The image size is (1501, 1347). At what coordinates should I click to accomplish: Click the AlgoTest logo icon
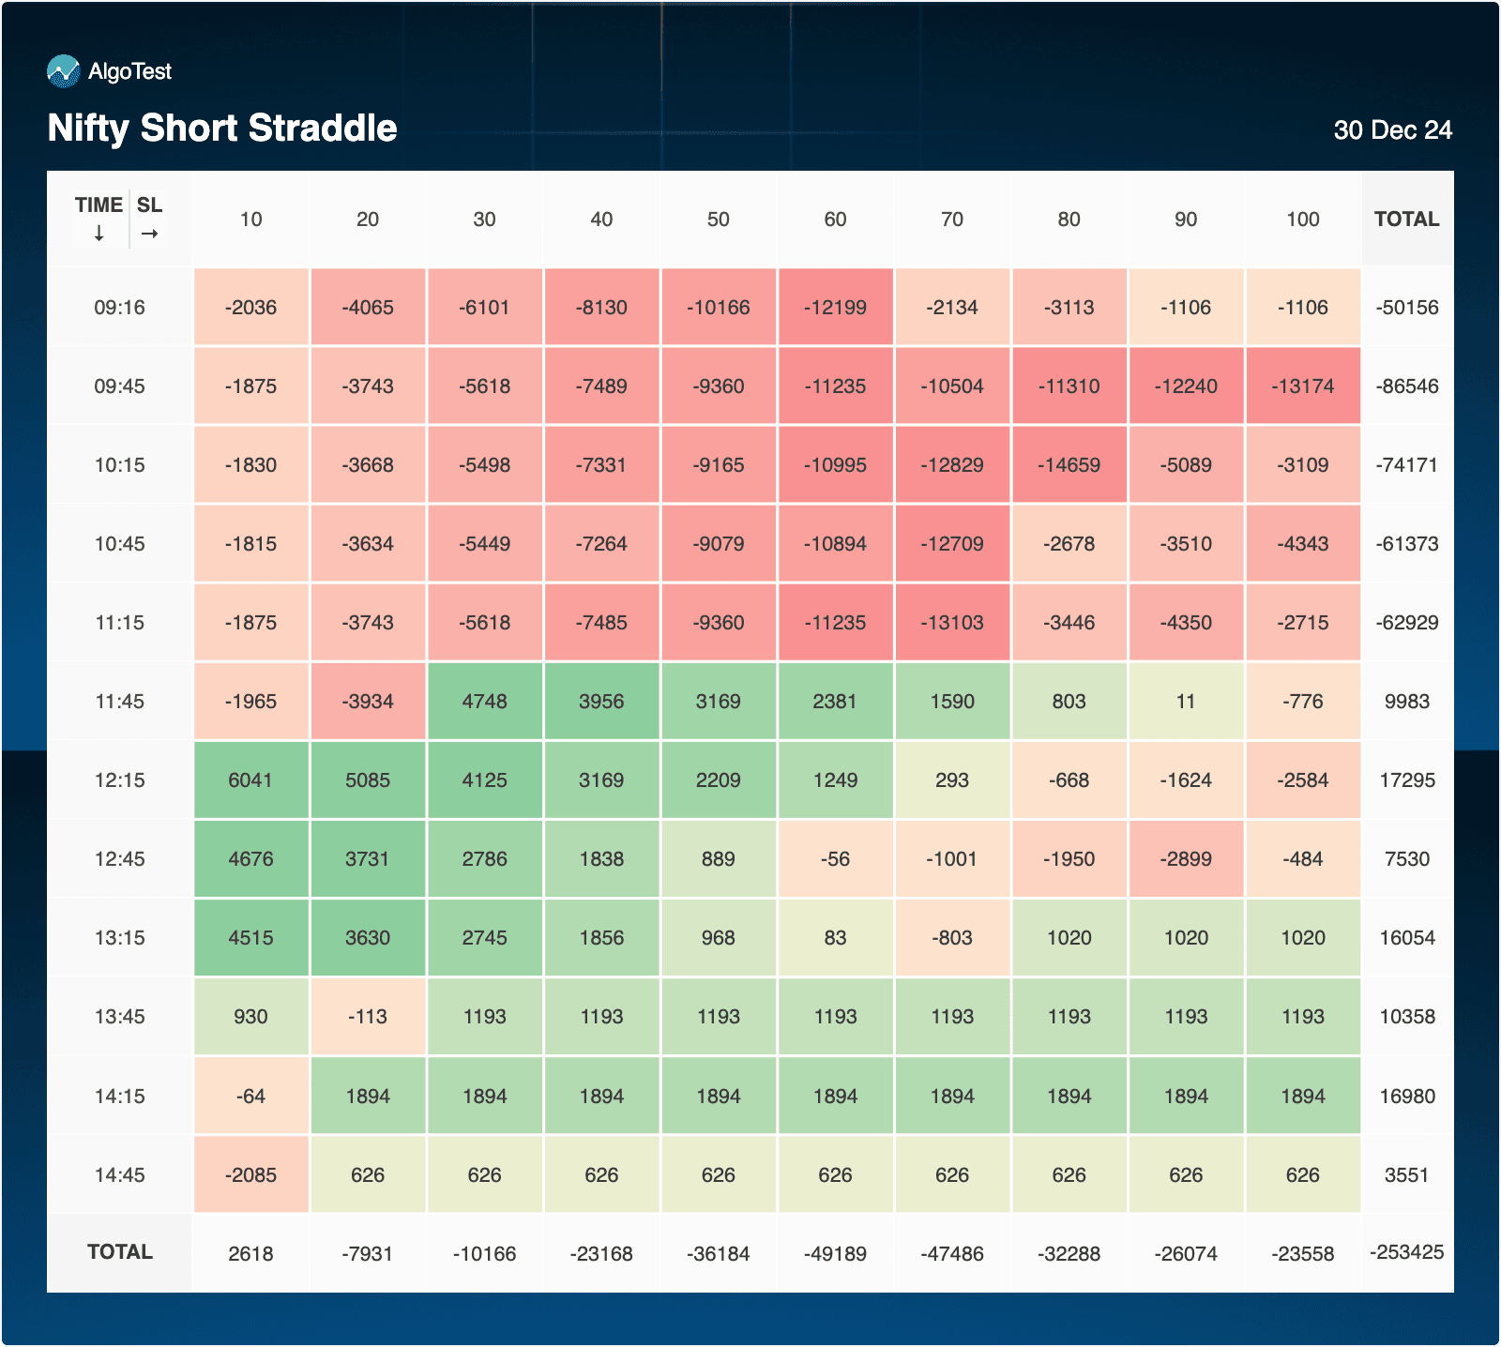pos(64,71)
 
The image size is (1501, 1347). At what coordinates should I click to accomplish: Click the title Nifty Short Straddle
pos(222,128)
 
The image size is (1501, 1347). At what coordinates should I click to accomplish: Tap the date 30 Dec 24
pos(1392,129)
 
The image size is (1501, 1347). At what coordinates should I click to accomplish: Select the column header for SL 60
pos(835,219)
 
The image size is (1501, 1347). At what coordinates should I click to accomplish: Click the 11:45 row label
pos(119,702)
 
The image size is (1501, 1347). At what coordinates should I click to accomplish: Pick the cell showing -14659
pos(1069,465)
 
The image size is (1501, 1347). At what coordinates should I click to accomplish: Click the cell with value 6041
pos(250,780)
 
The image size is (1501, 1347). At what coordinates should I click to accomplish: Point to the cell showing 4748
pos(484,702)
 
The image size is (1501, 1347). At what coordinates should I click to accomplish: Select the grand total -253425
pos(1406,1252)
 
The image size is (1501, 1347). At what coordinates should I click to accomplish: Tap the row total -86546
pos(1406,386)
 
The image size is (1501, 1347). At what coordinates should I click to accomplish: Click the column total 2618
pos(250,1253)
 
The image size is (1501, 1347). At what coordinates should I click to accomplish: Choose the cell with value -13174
pos(1302,386)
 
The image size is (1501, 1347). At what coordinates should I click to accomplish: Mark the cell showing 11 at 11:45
pos(1186,702)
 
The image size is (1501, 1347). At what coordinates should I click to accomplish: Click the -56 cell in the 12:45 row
pos(835,859)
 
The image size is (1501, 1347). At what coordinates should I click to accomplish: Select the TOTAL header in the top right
pos(1406,219)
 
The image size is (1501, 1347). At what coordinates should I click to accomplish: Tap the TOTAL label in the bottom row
pos(119,1252)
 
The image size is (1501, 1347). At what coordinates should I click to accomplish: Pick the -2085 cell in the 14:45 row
pos(250,1174)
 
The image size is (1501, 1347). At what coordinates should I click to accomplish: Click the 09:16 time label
pos(119,308)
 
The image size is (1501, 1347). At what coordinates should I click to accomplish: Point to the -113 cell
pos(367,1017)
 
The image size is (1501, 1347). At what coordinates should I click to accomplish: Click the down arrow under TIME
pos(99,234)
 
